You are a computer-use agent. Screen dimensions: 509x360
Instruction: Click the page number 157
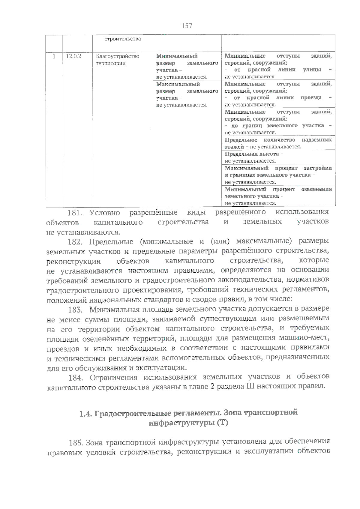pos(187,26)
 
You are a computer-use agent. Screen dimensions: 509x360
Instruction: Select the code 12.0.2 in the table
pos(73,56)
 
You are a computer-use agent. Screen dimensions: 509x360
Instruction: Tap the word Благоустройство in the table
pos(118,56)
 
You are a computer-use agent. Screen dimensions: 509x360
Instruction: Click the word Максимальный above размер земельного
pos(178,84)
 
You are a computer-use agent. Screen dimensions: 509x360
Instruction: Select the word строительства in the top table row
pos(122,39)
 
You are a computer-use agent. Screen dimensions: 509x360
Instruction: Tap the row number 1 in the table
pos(54,56)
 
